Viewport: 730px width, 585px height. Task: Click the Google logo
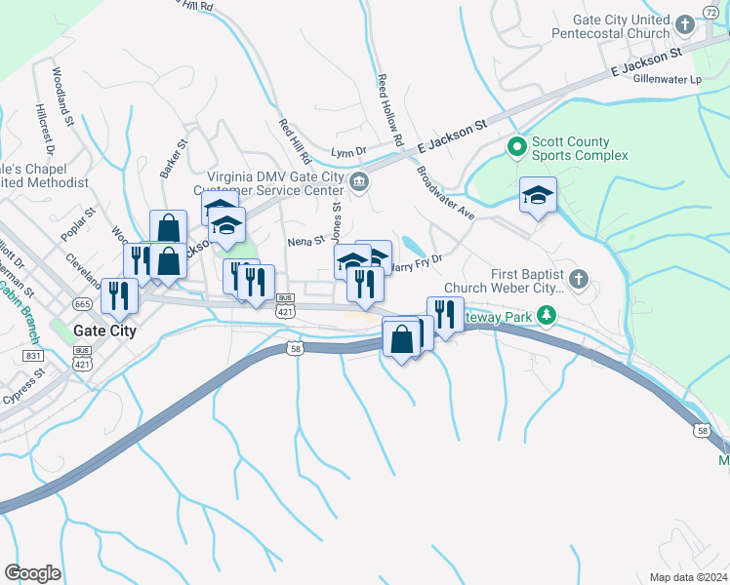click(32, 573)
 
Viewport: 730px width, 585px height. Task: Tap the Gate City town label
click(104, 331)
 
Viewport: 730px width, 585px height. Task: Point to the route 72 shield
click(710, 9)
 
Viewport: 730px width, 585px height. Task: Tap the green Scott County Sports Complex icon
click(516, 147)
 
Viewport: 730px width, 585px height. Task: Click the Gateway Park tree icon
click(547, 314)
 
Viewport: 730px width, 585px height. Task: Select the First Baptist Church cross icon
click(578, 280)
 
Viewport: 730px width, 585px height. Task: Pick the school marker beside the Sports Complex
click(538, 196)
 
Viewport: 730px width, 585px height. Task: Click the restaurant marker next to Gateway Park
click(445, 315)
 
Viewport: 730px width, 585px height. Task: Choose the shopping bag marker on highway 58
click(401, 340)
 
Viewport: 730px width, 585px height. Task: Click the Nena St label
click(305, 241)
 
